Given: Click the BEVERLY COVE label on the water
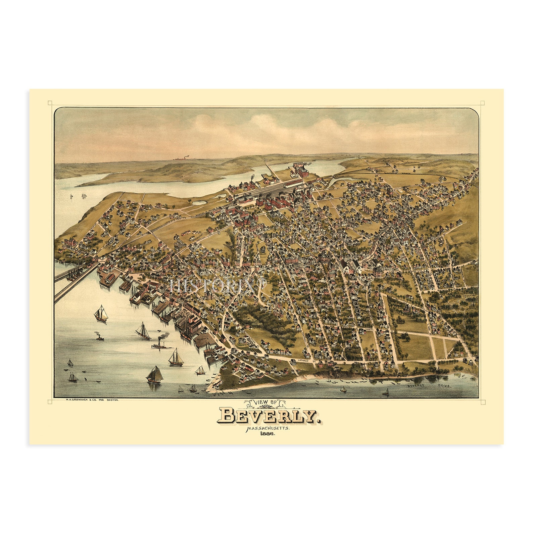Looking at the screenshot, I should point(430,386).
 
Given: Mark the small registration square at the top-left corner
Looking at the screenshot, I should point(50,103).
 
